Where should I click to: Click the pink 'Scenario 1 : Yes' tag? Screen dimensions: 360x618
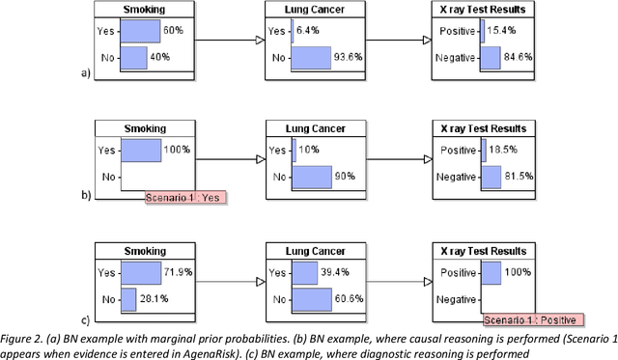184,198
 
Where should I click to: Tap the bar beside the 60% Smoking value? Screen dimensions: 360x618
141,31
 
